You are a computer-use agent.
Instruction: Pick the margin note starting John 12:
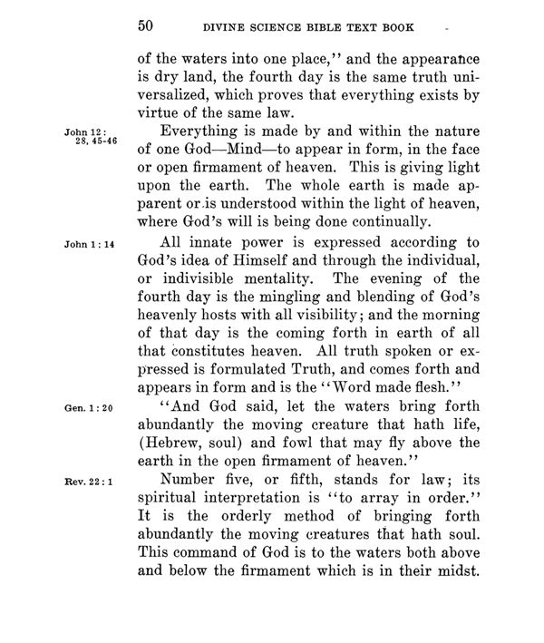pyautogui.click(x=84, y=138)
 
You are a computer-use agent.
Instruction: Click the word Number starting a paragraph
pyautogui.click(x=190, y=482)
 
